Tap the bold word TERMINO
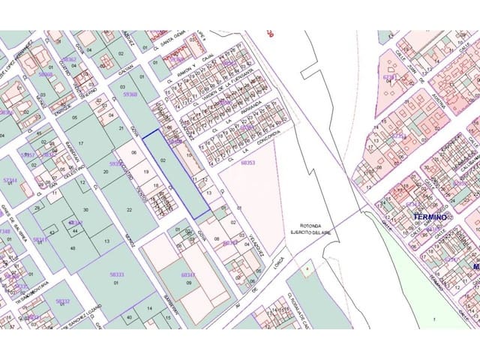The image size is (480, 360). click(x=430, y=217)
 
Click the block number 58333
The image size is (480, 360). click(x=117, y=274)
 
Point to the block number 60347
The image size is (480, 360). click(x=188, y=275)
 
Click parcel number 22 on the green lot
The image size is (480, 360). click(x=129, y=209)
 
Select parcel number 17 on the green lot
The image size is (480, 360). click(x=81, y=142)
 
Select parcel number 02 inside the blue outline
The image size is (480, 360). click(x=163, y=160)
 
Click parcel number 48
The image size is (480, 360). click(x=73, y=248)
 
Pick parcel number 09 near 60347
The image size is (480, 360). click(x=190, y=283)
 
